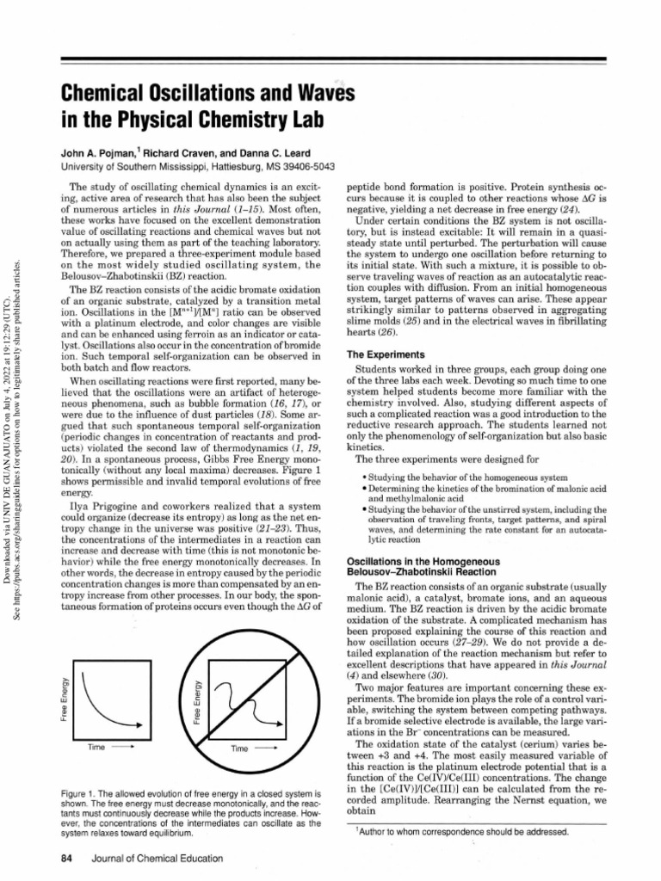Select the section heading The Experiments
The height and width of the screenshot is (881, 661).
pos(385,354)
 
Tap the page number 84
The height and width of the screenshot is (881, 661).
pos(66,859)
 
